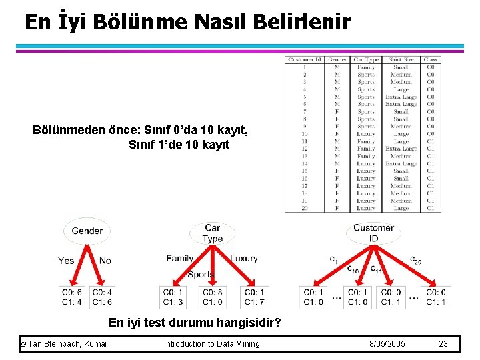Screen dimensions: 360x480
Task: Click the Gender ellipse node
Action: (x=87, y=231)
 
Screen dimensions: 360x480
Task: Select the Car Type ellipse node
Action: (x=212, y=233)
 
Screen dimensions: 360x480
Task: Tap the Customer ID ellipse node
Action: (x=373, y=233)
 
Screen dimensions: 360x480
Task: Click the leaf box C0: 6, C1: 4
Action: (x=71, y=297)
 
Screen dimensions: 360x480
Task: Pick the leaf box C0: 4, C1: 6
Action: (x=102, y=297)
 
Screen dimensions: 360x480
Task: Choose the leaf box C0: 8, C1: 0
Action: (x=211, y=297)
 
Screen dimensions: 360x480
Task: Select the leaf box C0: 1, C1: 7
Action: (x=255, y=297)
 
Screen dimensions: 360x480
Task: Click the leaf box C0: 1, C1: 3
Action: (x=172, y=297)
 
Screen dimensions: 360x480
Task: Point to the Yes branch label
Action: (x=66, y=261)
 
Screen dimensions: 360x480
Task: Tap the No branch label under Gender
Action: (x=105, y=261)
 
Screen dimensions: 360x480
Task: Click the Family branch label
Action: (x=179, y=258)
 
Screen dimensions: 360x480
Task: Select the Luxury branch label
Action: (x=243, y=258)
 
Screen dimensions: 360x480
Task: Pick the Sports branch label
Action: (x=200, y=274)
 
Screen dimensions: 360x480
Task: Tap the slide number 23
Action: (x=443, y=344)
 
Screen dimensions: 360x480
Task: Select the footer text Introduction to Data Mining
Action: (x=212, y=344)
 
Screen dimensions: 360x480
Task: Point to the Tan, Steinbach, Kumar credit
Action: (x=64, y=344)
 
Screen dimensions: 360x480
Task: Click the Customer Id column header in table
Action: (x=304, y=60)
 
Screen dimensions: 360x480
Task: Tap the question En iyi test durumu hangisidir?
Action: (x=195, y=323)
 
